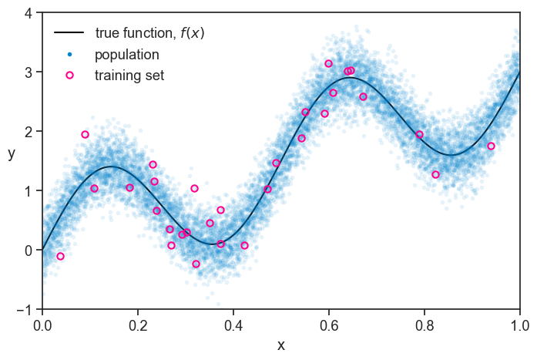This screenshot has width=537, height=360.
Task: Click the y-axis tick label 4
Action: coord(28,13)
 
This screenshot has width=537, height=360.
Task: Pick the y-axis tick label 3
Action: coord(28,72)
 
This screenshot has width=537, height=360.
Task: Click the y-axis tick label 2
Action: coord(28,132)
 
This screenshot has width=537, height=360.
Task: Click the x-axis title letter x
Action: coord(281,345)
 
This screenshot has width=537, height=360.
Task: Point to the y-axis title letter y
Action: coord(12,153)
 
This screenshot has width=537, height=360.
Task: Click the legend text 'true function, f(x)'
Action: coord(149,34)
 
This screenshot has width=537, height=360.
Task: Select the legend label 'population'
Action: coord(127,55)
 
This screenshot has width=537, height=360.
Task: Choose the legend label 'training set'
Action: coord(129,76)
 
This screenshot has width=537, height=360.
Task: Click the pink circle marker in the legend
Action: coord(69,76)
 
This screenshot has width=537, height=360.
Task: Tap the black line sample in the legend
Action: coord(69,34)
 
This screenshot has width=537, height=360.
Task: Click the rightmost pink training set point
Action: coord(491,146)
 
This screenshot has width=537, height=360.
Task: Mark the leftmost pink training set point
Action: coord(60,256)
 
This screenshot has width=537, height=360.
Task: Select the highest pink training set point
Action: coord(328,63)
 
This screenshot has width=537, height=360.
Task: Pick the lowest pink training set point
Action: coord(196,264)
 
